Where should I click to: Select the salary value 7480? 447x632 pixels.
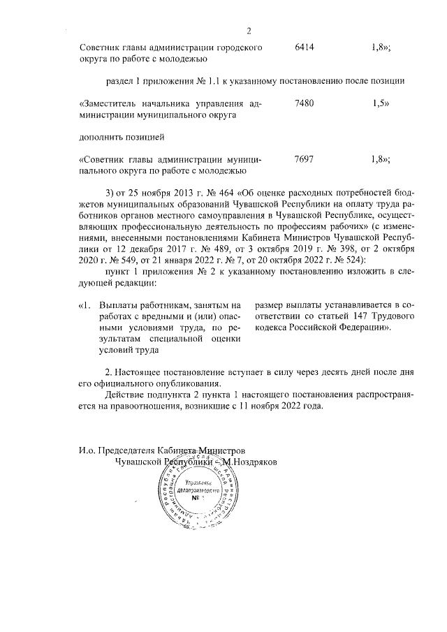[305, 103]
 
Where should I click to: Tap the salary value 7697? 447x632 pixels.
[305, 159]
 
